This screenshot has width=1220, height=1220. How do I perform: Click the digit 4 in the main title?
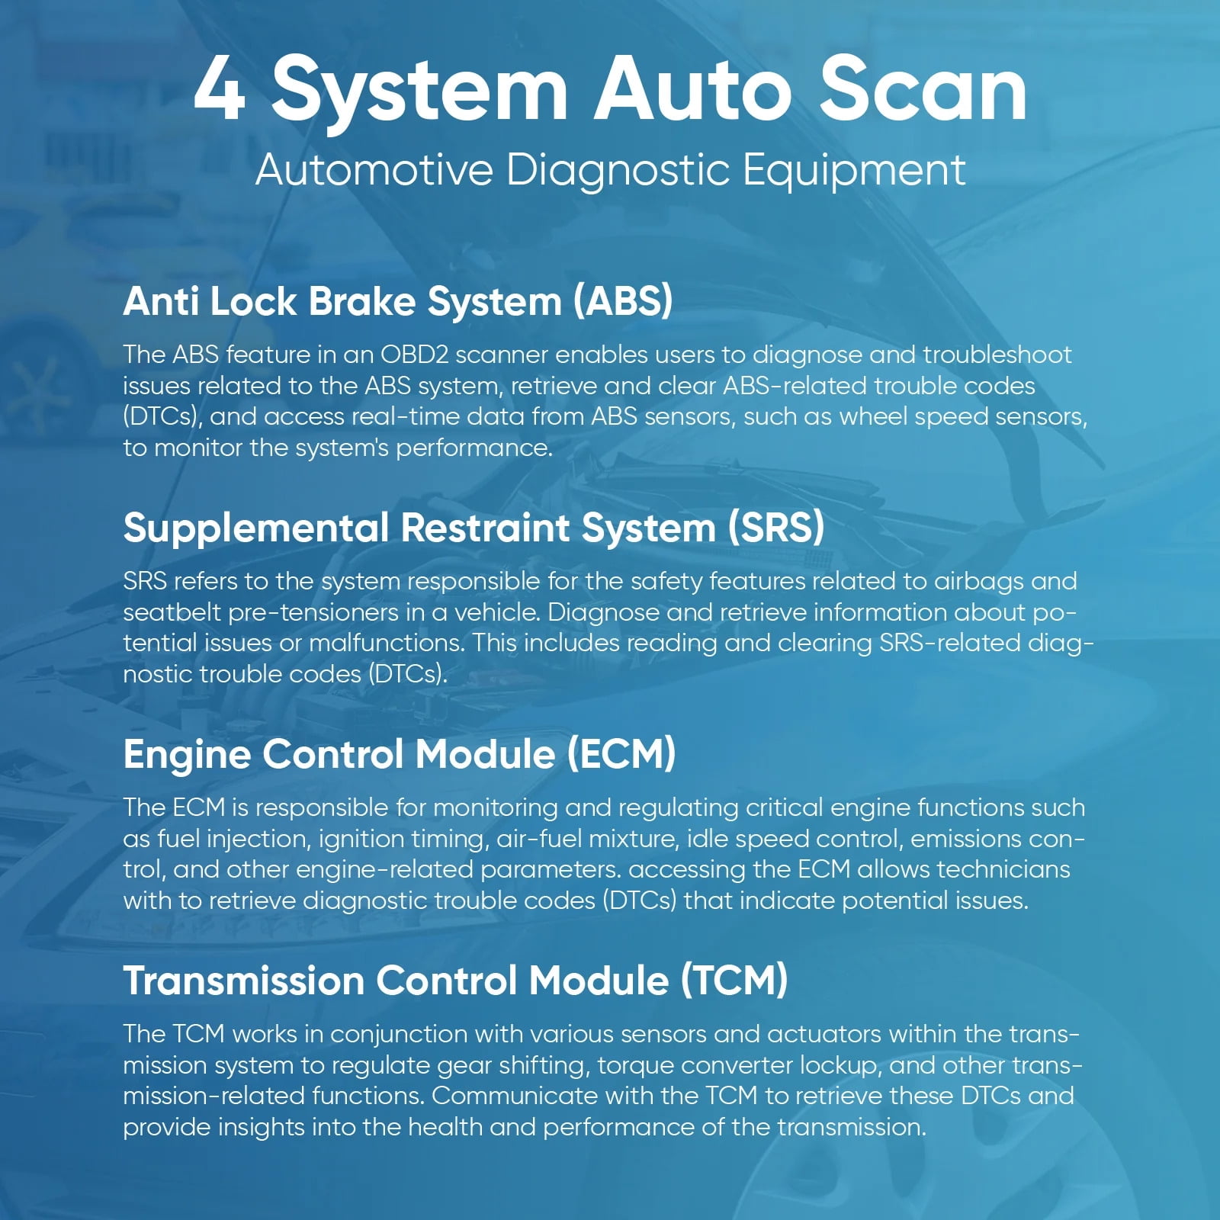coord(220,90)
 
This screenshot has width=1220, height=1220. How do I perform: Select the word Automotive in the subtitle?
coord(374,169)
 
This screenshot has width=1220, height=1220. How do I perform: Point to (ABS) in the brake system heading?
coord(623,301)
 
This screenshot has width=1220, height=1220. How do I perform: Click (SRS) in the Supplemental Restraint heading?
coord(776,528)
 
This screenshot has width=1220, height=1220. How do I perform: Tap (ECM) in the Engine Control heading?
coord(621,754)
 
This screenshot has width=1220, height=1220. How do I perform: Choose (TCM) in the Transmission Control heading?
coord(734,981)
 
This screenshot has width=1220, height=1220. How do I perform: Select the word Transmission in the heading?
coord(243,981)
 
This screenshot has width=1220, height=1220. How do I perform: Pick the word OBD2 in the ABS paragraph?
coord(413,355)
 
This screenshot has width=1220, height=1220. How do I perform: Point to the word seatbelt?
coord(172,612)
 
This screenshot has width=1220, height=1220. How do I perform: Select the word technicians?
coord(1003,870)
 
